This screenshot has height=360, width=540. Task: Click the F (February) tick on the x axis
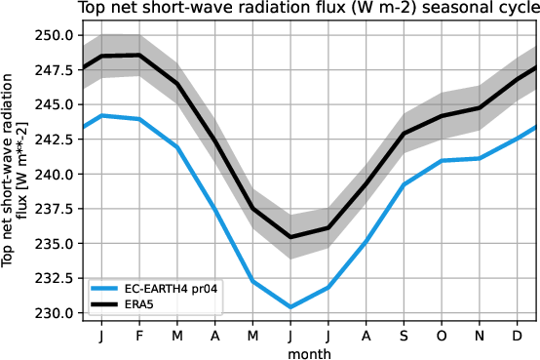[x=138, y=336]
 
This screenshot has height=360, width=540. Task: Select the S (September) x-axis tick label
[x=403, y=336]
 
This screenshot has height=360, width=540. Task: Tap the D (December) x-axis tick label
[x=516, y=336]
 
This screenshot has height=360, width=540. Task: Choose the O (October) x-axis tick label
[x=441, y=336]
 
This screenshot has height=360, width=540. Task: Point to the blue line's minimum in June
[x=289, y=307]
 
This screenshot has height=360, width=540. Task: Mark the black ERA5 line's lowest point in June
[x=289, y=237]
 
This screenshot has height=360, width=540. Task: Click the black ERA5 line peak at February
[x=138, y=55]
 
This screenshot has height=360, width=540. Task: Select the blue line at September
[x=403, y=184]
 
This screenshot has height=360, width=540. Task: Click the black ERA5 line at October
[x=441, y=116]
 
